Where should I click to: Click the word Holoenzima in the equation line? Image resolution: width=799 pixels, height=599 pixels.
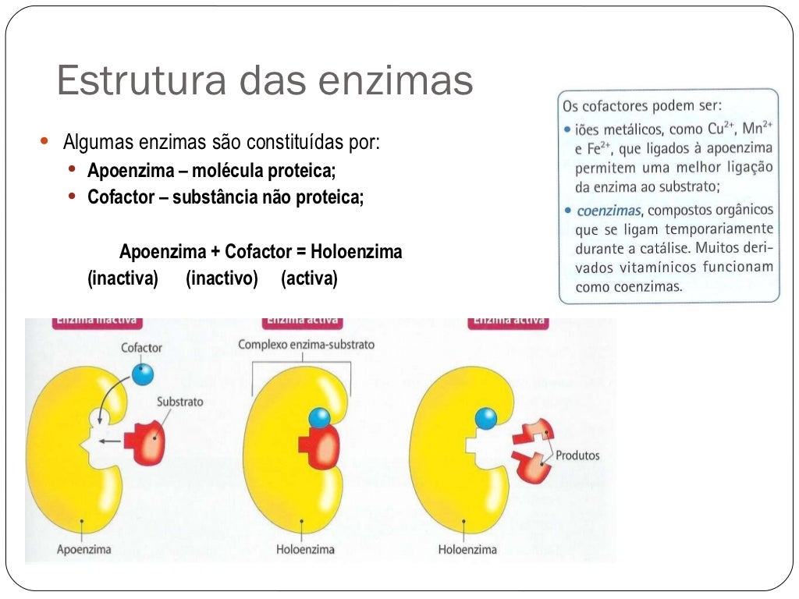pos(356,253)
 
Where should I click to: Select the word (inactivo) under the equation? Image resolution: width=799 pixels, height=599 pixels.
pos(222,278)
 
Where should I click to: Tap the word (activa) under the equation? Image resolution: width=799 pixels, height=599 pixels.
pos(309,278)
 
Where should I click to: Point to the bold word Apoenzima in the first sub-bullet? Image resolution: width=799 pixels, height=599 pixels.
pos(126,171)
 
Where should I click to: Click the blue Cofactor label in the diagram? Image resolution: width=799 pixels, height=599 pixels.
pos(141,347)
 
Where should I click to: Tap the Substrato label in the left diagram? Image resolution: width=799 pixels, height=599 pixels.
pos(179,402)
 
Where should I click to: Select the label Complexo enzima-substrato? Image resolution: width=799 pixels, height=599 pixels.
pos(306,344)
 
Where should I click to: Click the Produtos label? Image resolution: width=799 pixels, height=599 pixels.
pos(577,455)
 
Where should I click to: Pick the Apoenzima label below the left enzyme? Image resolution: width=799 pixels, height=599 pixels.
pos(83,549)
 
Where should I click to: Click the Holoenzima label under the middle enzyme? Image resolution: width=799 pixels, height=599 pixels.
pos(305,549)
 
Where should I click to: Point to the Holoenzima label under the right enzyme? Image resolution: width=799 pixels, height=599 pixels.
pos(467,549)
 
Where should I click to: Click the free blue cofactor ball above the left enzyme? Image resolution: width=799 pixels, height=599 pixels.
pos(143,374)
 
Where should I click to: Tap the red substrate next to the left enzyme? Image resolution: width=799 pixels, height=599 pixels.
pos(149,442)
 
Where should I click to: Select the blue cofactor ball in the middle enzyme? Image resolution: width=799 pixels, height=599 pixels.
pos(320,419)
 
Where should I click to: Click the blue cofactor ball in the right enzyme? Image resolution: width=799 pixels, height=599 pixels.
pos(485,419)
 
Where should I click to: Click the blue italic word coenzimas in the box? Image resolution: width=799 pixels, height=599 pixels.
pos(609,211)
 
